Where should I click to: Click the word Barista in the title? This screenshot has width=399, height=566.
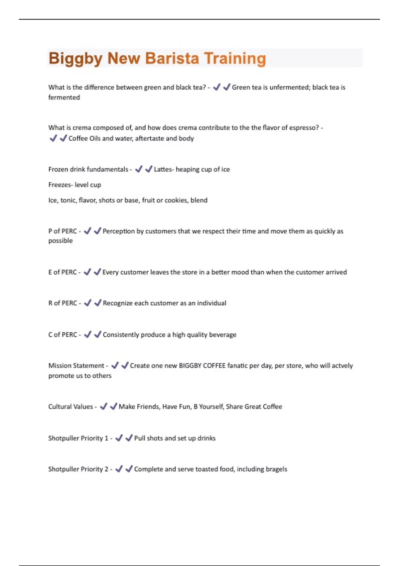click(x=172, y=58)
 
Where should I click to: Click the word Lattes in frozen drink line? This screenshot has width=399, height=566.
click(x=163, y=169)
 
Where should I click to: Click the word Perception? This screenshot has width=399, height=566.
click(x=119, y=231)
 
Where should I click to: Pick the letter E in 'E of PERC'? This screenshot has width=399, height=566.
click(x=50, y=272)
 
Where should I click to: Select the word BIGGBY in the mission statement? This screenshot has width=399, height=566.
click(x=190, y=366)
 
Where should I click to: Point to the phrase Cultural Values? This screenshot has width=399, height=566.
click(x=70, y=407)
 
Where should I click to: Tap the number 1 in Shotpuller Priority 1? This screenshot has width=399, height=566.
click(x=106, y=438)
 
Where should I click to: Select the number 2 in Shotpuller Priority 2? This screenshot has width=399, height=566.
click(x=106, y=469)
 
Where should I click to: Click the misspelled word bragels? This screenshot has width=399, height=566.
click(x=276, y=469)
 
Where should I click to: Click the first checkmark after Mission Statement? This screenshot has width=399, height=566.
click(x=115, y=365)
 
